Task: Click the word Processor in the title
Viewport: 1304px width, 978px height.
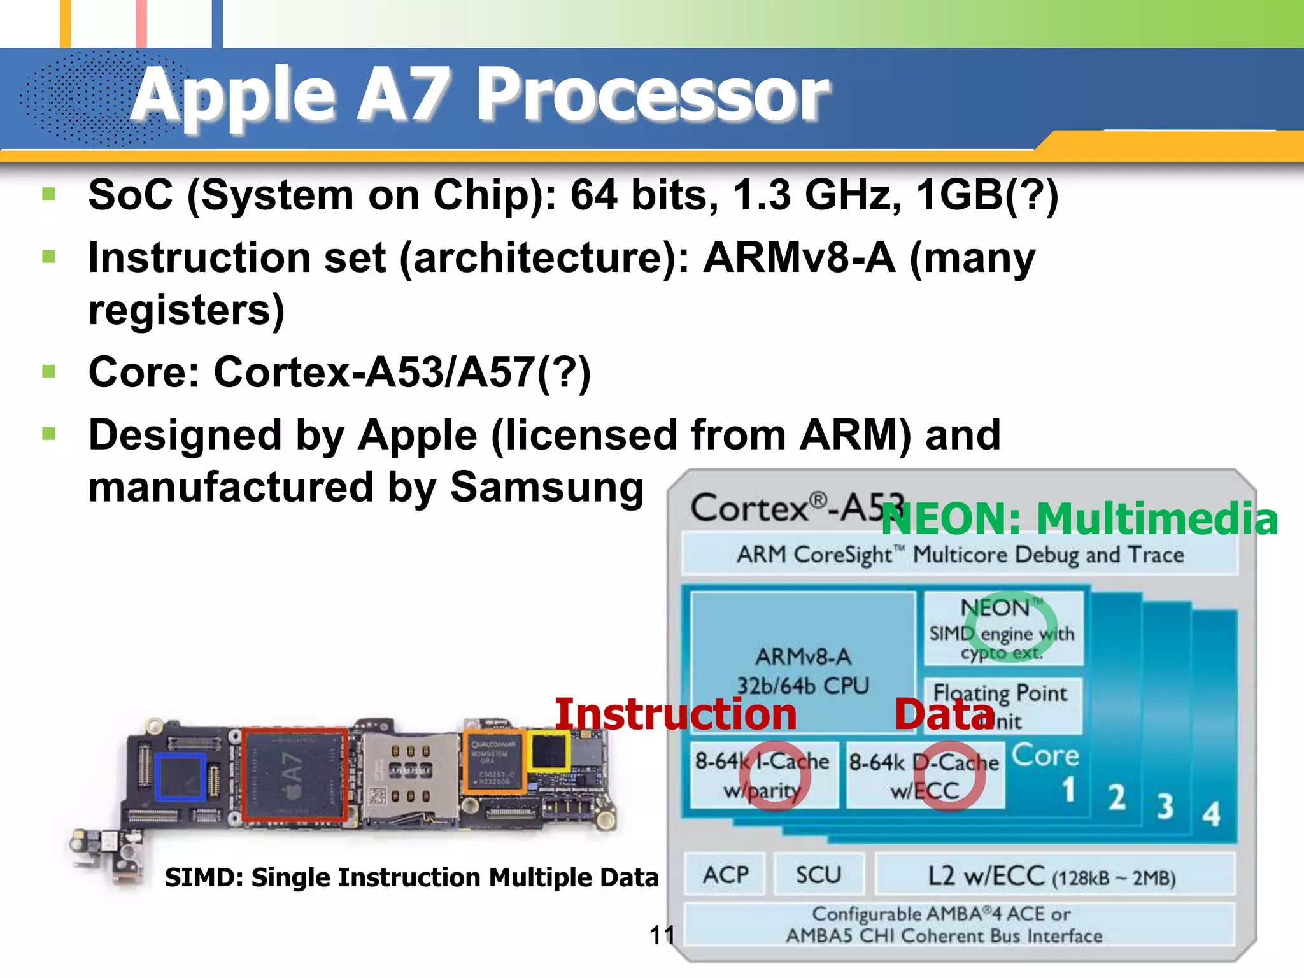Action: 653,96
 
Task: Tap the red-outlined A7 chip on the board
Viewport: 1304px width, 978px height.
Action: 294,774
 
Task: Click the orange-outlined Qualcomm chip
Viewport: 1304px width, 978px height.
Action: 494,762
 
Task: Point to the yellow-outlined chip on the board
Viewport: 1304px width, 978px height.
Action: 549,751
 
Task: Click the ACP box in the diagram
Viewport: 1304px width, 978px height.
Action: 725,875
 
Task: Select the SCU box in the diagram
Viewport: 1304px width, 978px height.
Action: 819,875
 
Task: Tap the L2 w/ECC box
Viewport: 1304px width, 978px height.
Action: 1054,876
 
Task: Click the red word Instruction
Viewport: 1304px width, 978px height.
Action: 676,714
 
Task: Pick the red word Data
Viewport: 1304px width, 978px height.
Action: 944,714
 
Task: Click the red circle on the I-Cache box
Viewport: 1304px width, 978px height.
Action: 775,776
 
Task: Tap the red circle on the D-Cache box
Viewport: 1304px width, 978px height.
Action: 949,776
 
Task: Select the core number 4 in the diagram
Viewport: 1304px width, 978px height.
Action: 1211,814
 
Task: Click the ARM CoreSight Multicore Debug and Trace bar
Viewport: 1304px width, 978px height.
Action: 960,555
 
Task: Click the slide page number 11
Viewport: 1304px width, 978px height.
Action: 662,935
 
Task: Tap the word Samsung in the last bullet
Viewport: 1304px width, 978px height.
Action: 547,487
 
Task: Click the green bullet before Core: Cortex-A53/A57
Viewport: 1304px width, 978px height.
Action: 49,371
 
